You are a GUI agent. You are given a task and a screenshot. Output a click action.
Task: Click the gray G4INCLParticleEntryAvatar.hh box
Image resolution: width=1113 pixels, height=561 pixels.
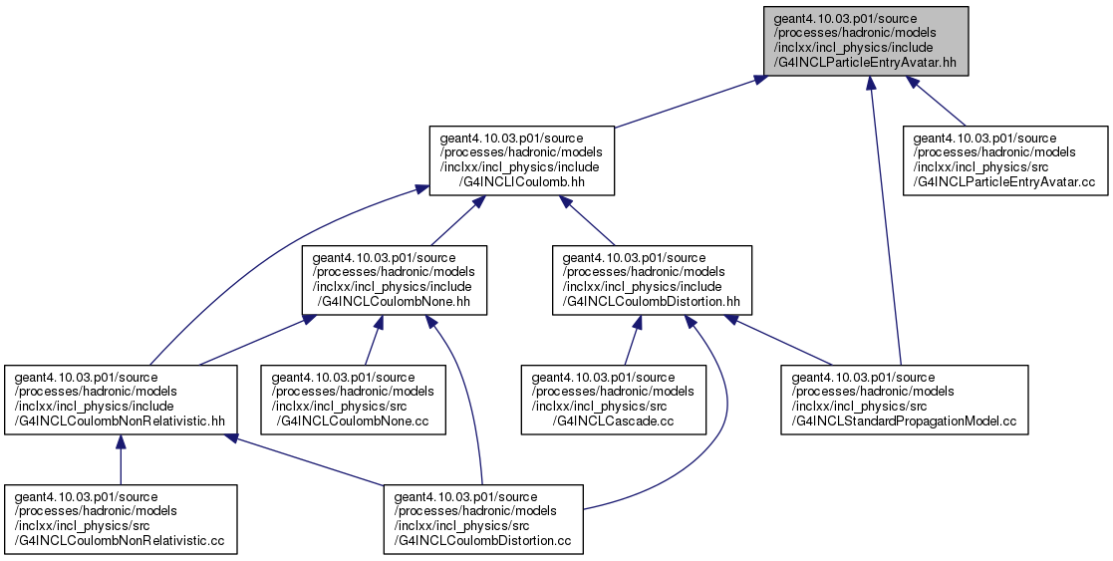click(x=866, y=41)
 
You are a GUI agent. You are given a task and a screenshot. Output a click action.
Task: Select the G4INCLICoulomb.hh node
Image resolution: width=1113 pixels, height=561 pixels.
click(x=522, y=160)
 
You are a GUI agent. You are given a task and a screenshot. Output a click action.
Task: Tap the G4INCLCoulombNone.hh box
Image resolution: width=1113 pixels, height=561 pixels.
click(x=395, y=281)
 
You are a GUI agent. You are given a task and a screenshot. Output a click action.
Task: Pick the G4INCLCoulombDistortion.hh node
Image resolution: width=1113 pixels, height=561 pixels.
click(x=652, y=281)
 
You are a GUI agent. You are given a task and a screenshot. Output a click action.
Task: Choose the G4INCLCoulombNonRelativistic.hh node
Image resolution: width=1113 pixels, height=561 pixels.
click(x=121, y=400)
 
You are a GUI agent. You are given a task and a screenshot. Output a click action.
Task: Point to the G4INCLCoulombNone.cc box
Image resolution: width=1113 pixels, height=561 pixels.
click(x=354, y=400)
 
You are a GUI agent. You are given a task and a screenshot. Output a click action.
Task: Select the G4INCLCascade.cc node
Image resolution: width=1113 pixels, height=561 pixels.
click(x=614, y=400)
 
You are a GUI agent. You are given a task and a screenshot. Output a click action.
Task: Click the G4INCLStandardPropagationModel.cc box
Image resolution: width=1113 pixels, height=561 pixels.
click(x=905, y=400)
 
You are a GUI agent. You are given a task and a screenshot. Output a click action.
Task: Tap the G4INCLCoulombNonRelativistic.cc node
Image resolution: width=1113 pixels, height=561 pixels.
click(x=121, y=519)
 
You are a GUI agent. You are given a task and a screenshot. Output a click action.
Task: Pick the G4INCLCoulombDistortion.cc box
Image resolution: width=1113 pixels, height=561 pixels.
click(x=483, y=519)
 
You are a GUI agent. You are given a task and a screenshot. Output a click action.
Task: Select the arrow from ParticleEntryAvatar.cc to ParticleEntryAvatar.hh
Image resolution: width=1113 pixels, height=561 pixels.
click(x=936, y=100)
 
